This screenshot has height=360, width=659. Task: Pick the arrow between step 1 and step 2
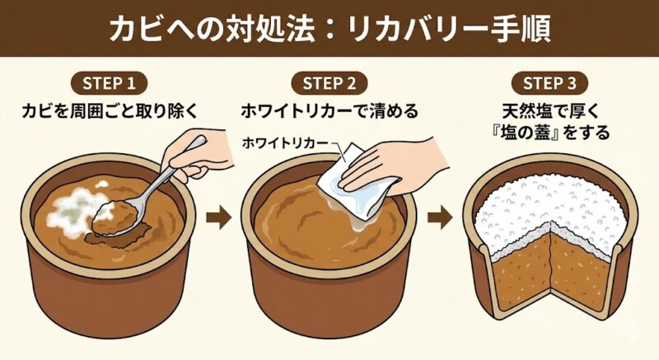pyautogui.click(x=218, y=218)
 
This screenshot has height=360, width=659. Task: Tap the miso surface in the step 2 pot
pyautogui.click(x=305, y=222)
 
